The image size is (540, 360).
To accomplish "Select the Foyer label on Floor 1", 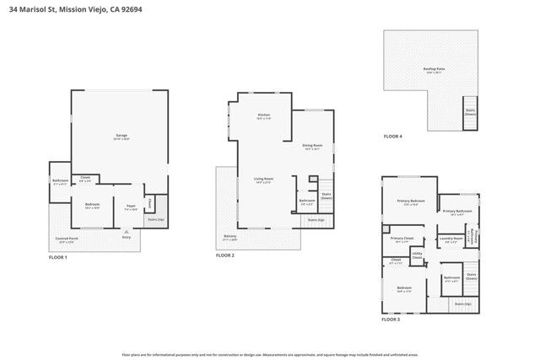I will [x=131, y=206].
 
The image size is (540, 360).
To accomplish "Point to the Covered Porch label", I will [x=67, y=239].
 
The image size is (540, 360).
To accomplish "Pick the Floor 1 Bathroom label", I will [x=60, y=181].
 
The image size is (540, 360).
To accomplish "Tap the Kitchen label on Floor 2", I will [x=263, y=116].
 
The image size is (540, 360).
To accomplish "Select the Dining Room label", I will [x=313, y=146].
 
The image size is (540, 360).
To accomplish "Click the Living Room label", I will [x=264, y=179].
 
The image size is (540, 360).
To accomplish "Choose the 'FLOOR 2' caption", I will [x=224, y=255].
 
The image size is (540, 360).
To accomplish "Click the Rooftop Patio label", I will [x=435, y=70].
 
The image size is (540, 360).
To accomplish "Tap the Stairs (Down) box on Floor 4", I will [x=469, y=112].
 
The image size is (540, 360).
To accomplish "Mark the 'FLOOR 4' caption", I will [x=393, y=136].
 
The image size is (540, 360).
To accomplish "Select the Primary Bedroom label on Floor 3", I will [x=411, y=201].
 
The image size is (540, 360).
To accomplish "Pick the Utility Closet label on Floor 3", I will [x=417, y=255].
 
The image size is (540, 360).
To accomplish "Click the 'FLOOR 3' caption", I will [x=391, y=320].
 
